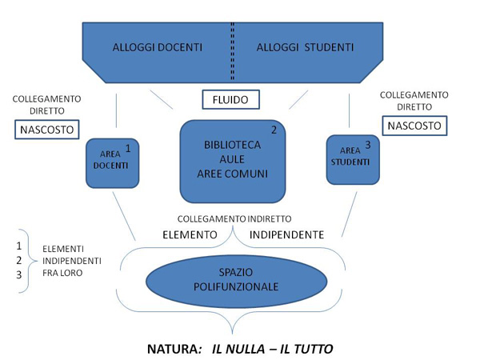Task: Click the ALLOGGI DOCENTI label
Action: tap(157, 47)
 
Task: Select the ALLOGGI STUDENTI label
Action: tap(304, 47)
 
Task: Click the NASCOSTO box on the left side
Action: tap(46, 128)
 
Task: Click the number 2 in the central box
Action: tap(274, 130)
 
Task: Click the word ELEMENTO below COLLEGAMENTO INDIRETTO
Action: tap(190, 235)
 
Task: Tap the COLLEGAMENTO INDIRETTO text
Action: tap(234, 218)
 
